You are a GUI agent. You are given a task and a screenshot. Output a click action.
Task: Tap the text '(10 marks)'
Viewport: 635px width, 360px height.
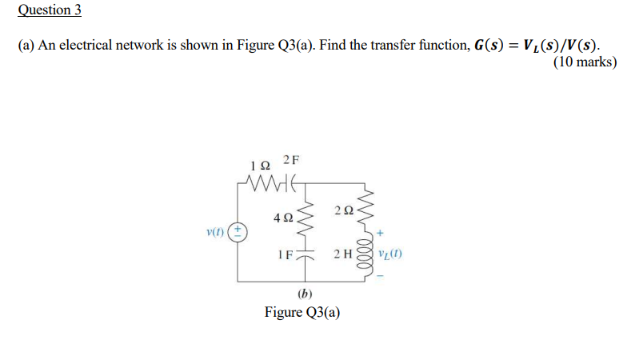click(585, 62)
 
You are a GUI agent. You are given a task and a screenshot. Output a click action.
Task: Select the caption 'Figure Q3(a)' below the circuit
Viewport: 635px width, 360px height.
click(302, 312)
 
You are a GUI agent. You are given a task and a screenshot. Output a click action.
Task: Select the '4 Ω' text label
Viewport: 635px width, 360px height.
click(282, 217)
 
